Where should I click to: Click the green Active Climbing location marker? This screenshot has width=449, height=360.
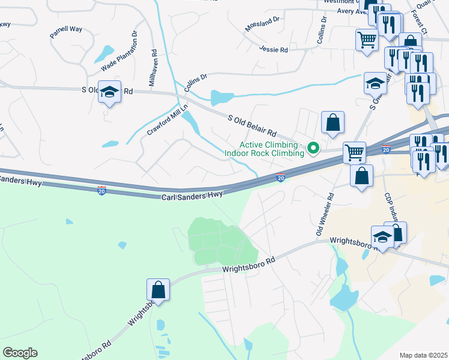click(312, 147)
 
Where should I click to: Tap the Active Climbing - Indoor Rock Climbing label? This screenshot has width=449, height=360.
click(269, 149)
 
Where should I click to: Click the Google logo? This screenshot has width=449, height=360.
click(20, 353)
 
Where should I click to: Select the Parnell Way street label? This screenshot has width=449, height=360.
click(66, 31)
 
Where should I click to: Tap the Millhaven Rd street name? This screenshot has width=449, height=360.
click(152, 67)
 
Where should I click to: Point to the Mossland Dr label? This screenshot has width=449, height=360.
click(262, 24)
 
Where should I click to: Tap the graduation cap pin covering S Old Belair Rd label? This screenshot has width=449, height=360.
click(109, 92)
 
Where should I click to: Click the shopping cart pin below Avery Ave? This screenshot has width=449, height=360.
click(367, 41)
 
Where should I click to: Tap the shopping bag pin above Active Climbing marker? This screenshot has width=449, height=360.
click(333, 123)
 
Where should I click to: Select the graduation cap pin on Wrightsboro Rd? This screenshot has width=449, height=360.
click(382, 237)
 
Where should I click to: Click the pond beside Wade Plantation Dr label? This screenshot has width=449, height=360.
click(104, 54)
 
